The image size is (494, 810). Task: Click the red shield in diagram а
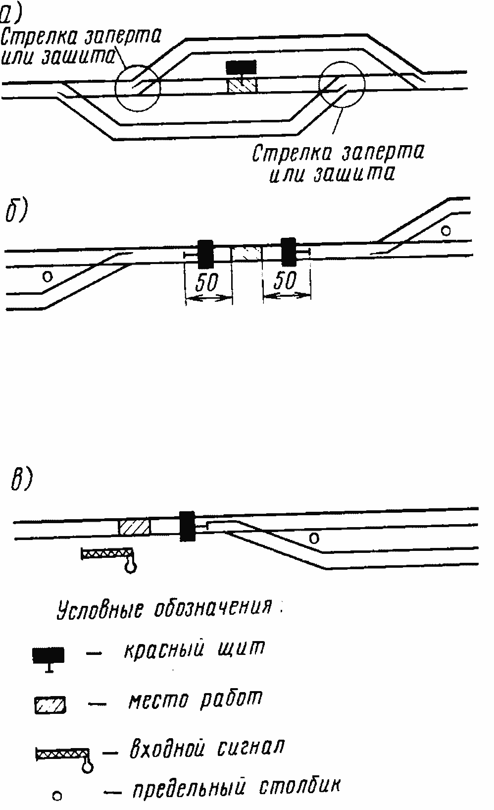click(241, 67)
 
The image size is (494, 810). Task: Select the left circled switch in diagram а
click(138, 88)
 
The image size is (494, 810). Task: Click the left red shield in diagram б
click(205, 253)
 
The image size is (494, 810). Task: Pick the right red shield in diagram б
click(288, 251)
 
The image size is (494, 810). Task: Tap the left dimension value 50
click(207, 283)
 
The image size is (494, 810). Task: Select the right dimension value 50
click(285, 281)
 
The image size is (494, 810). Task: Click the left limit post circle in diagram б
click(47, 276)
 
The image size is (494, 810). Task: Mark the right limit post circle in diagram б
click(446, 230)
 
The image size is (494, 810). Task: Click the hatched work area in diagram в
click(134, 526)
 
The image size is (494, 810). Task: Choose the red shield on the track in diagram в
click(187, 526)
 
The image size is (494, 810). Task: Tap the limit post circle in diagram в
click(314, 537)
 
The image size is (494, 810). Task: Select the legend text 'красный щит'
click(194, 649)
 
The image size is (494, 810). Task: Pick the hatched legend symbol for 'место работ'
click(50, 704)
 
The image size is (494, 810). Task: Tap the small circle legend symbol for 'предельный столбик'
click(57, 796)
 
